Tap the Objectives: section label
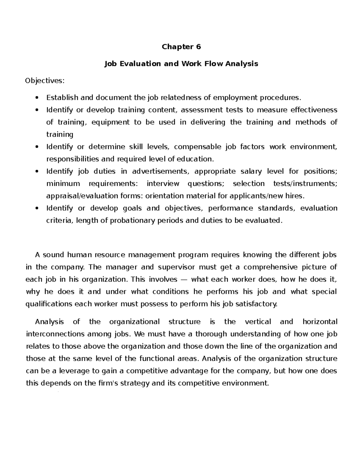click(x=45, y=81)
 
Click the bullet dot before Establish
click(x=37, y=98)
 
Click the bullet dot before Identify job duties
click(x=37, y=171)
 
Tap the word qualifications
click(x=49, y=304)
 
